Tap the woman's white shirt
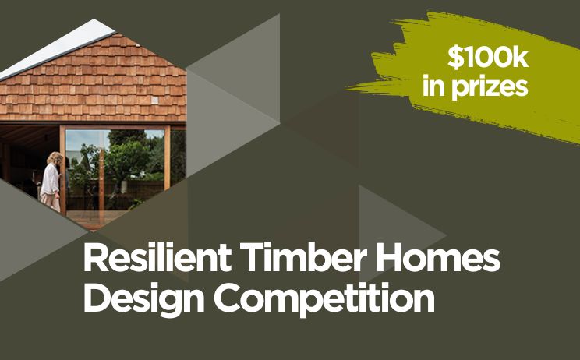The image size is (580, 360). (50, 179)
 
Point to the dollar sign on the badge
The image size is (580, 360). (454, 57)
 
